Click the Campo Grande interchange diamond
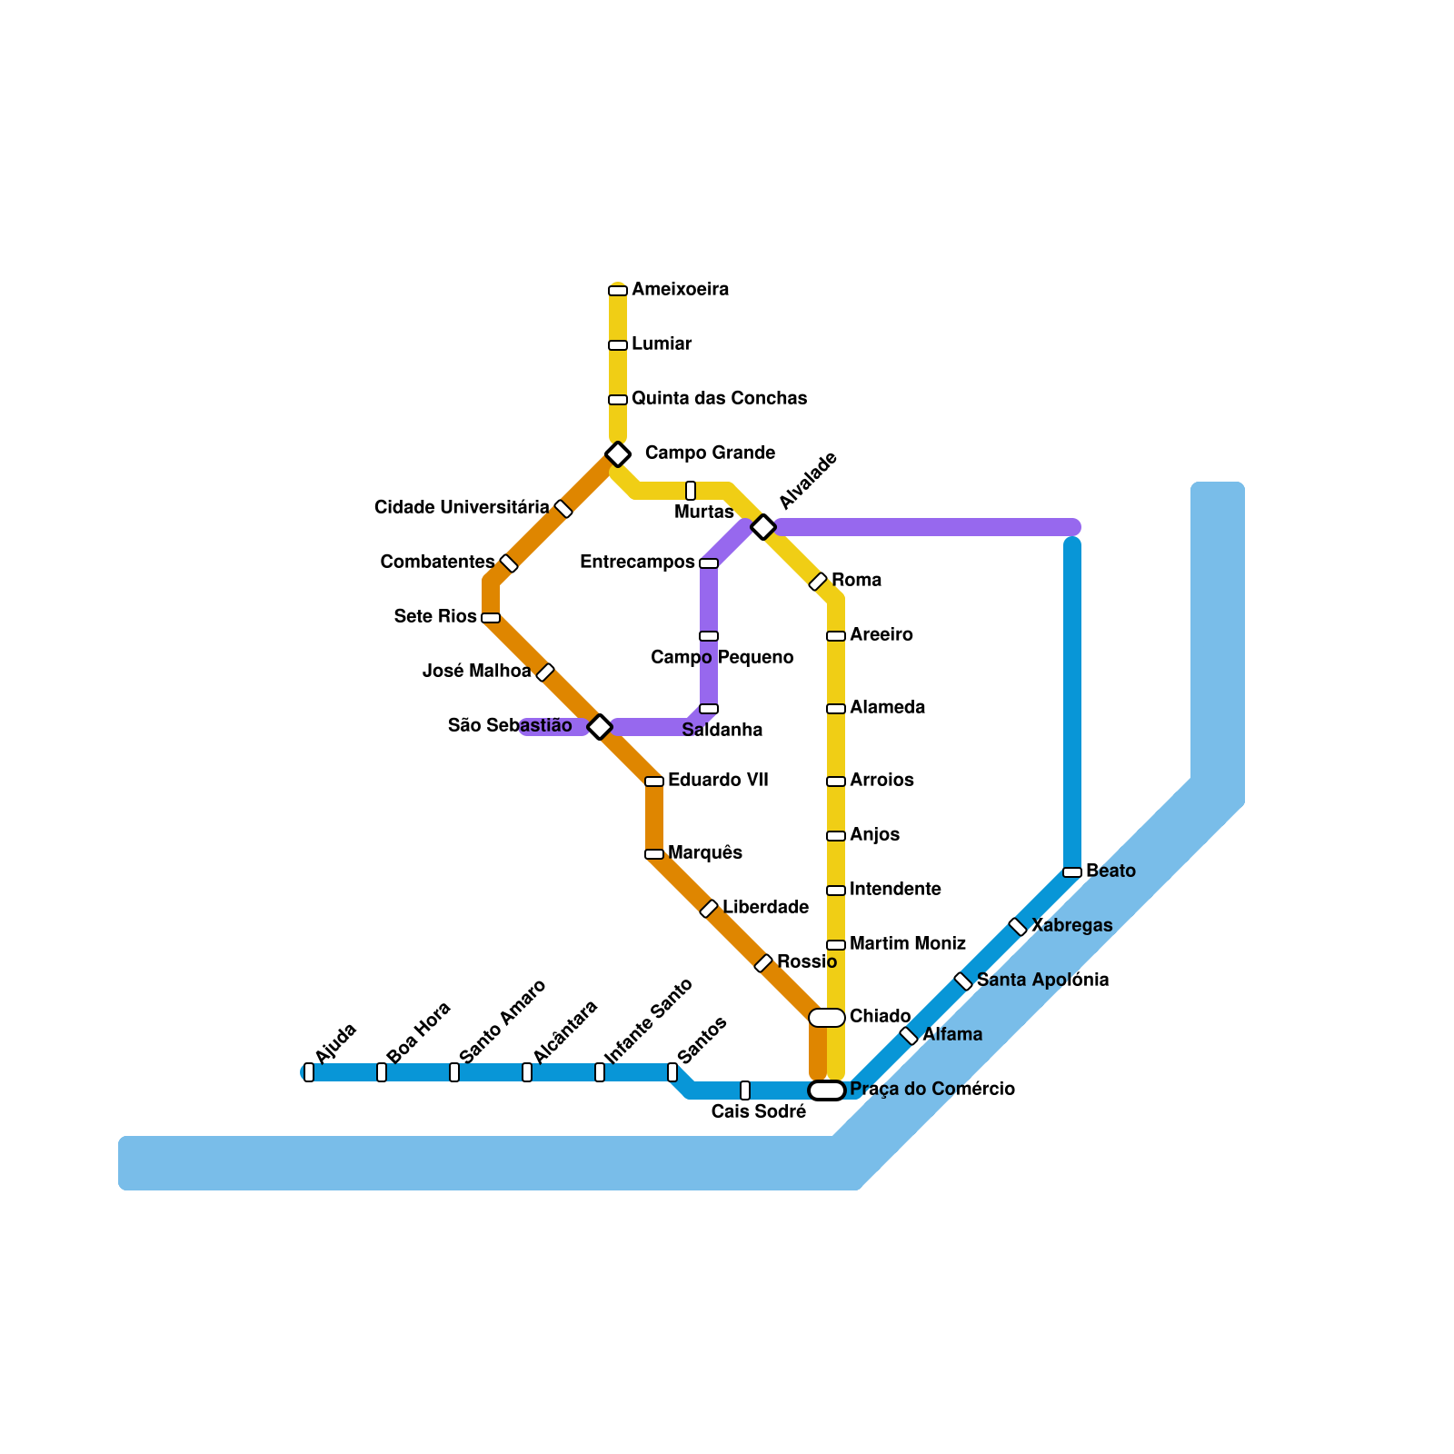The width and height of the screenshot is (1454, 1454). point(618,453)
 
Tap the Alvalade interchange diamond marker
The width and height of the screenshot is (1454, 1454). point(763,526)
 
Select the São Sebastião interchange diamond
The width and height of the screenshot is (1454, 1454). point(600,726)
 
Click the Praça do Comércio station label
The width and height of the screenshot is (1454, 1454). point(931,1089)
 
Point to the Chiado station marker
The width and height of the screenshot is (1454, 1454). point(827,1018)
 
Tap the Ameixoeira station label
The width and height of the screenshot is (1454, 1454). point(680,290)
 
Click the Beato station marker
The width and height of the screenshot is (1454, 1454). point(1072,872)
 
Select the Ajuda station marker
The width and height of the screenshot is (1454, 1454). point(309,1072)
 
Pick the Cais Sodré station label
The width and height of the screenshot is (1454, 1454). point(758,1111)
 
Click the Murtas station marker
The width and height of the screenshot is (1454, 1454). point(691,491)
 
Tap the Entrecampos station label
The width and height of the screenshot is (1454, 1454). point(637,563)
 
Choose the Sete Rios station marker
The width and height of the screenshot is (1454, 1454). point(491,618)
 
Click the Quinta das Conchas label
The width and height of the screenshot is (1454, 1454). point(719,399)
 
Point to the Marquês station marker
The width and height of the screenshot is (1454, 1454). point(654,854)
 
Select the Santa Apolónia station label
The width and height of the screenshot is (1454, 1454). point(1042,981)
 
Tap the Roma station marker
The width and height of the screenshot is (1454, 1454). point(818,582)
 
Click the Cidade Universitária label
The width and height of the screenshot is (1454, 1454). point(462,507)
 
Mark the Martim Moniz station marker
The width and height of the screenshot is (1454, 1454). point(836,945)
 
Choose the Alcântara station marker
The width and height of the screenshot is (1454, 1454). point(527,1072)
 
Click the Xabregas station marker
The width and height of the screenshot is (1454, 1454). point(1018,927)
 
